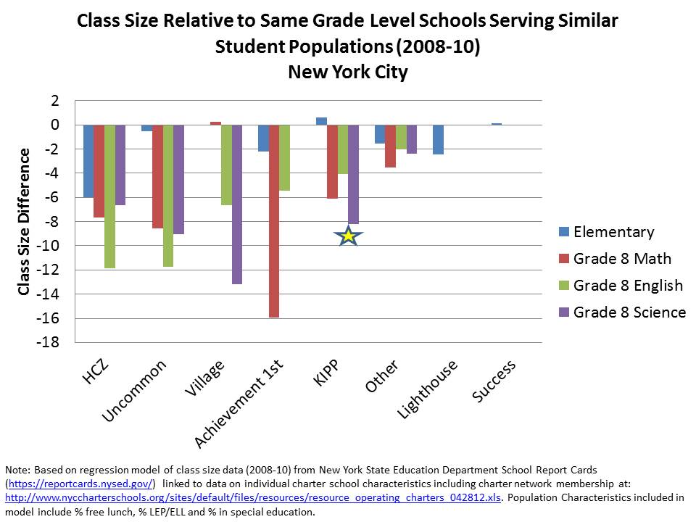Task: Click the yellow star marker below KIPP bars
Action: coord(349,236)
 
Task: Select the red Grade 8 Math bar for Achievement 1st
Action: coord(273,220)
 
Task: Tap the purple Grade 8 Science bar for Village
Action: coord(237,204)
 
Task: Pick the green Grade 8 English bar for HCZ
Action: coord(109,196)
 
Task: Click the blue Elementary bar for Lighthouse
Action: coord(438,139)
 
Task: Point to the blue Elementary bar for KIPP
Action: coord(321,121)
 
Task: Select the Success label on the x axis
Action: coord(494,380)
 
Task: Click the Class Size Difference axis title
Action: coord(24,221)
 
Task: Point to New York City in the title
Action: coord(348,72)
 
